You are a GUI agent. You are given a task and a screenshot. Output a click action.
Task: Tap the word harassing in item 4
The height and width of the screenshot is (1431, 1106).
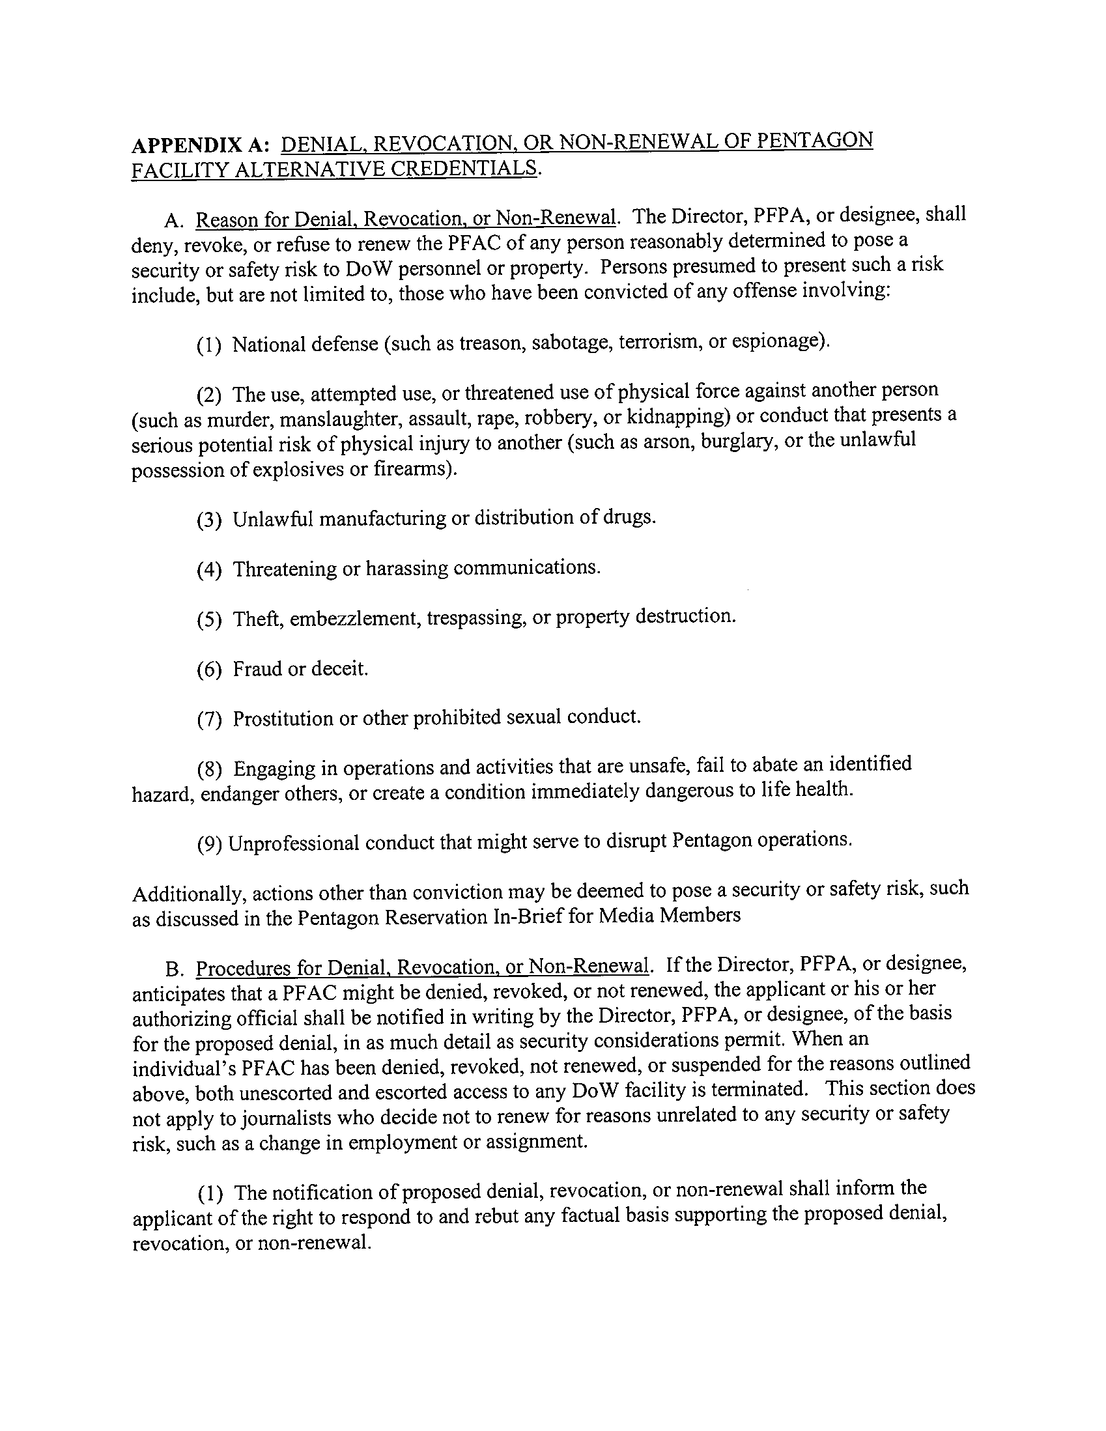pos(406,569)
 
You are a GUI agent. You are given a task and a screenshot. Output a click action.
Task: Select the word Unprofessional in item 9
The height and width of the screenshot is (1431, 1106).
pos(295,843)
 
